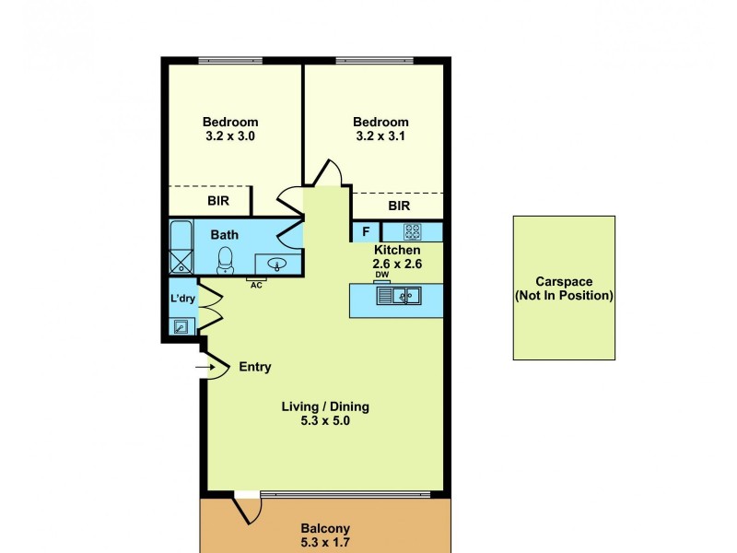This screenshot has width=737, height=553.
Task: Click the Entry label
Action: (x=255, y=367)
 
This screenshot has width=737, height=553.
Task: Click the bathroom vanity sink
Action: (x=276, y=265)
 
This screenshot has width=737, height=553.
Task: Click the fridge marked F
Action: (x=366, y=231)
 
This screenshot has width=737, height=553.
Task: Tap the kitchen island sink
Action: (x=404, y=296)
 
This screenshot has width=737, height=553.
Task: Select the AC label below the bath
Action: (x=256, y=285)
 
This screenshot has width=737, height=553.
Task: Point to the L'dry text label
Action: (x=181, y=300)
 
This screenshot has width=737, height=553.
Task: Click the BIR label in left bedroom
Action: (x=217, y=200)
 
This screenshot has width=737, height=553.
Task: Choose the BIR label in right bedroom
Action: (x=399, y=206)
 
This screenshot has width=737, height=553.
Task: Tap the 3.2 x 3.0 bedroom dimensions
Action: (x=230, y=136)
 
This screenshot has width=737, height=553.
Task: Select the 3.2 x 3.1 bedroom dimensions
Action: (x=381, y=136)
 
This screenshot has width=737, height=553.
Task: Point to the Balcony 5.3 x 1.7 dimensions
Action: (x=325, y=542)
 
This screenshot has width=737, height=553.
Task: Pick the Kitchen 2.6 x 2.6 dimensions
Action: (x=397, y=264)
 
